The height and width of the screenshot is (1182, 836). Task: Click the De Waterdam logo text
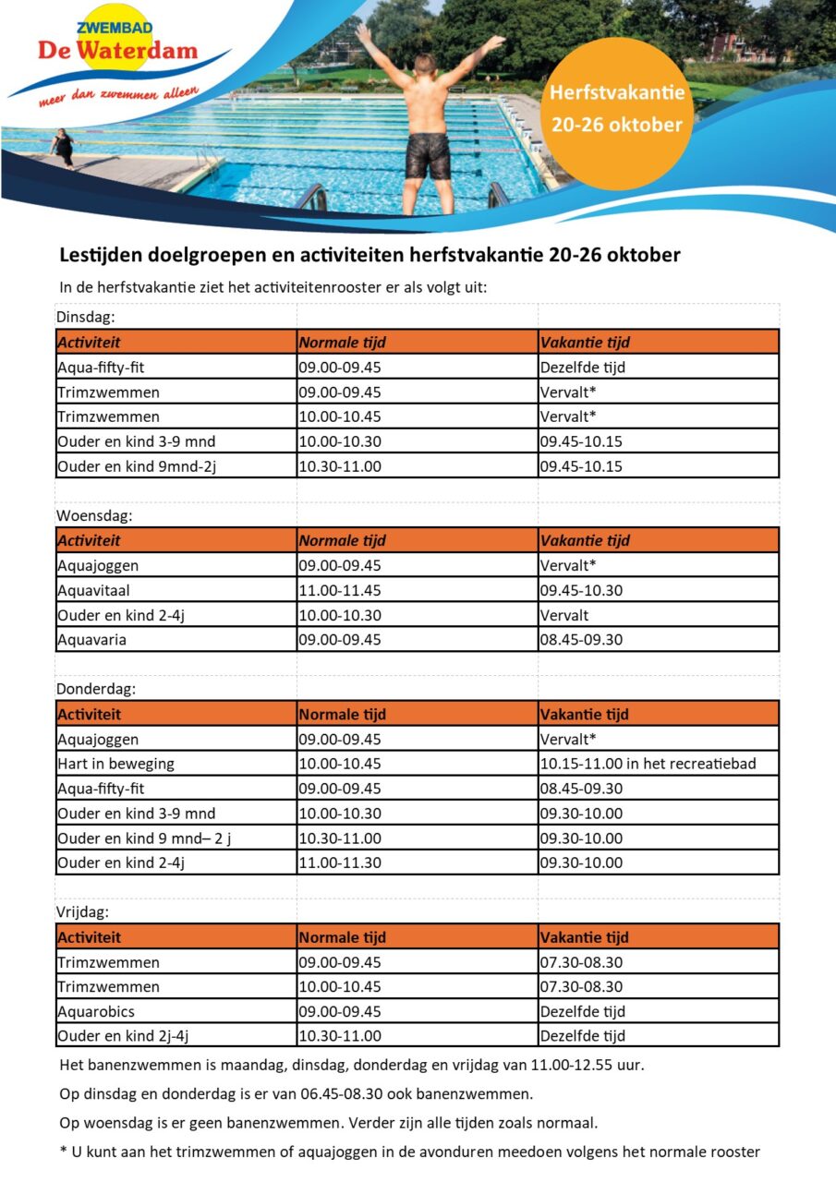pyautogui.click(x=117, y=49)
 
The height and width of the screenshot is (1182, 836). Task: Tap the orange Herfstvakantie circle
pyautogui.click(x=616, y=109)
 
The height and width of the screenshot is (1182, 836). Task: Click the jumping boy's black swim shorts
pyautogui.click(x=427, y=154)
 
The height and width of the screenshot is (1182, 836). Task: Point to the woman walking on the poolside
pyautogui.click(x=64, y=147)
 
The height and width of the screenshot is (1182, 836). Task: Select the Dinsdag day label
pyautogui.click(x=86, y=317)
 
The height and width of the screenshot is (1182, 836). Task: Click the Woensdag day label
pyautogui.click(x=94, y=515)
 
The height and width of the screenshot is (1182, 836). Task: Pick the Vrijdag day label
pyautogui.click(x=83, y=912)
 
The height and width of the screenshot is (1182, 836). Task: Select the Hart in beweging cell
pyautogui.click(x=115, y=764)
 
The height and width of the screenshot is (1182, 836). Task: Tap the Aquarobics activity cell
pyautogui.click(x=96, y=1011)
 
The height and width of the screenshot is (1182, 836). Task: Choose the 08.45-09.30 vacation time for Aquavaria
pyautogui.click(x=581, y=639)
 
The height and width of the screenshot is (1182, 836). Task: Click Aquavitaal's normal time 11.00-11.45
pyautogui.click(x=339, y=590)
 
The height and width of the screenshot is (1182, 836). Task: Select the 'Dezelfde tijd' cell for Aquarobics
pyautogui.click(x=582, y=1011)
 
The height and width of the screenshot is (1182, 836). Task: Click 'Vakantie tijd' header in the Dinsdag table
pyautogui.click(x=585, y=343)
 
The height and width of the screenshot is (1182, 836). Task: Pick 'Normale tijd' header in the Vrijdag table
pyautogui.click(x=342, y=937)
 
